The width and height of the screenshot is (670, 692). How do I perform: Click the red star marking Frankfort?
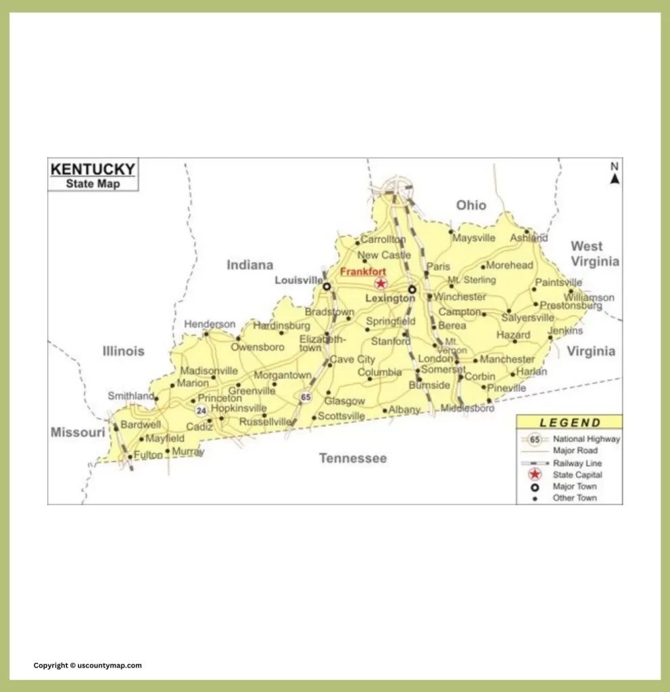(381, 284)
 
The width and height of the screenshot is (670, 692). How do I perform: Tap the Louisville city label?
(299, 280)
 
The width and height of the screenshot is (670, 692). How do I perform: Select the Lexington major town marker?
(412, 289)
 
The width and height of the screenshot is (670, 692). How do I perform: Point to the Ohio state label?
(471, 205)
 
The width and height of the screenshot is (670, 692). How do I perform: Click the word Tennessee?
(353, 458)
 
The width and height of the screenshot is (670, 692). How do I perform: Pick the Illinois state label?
(123, 351)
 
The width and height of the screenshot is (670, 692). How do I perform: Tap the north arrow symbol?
(615, 178)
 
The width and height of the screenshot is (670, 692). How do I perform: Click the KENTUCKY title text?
(93, 168)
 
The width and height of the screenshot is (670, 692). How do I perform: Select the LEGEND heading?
(570, 423)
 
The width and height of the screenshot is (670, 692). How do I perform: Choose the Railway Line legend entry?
(577, 463)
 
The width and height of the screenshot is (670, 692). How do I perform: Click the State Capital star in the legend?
(535, 475)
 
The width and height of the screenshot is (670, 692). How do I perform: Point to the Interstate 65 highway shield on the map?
(306, 397)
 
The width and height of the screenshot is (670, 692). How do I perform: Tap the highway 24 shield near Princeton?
(201, 410)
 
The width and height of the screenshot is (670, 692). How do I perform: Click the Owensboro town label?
(258, 347)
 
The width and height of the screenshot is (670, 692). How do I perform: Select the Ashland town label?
(529, 238)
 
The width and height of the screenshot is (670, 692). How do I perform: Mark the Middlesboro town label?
(467, 408)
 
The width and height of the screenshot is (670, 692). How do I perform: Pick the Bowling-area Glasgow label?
(344, 401)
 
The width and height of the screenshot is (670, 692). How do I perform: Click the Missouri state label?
(78, 432)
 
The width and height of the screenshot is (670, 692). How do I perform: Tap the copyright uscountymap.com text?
(88, 666)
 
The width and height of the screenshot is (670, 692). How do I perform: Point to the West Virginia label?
(594, 253)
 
